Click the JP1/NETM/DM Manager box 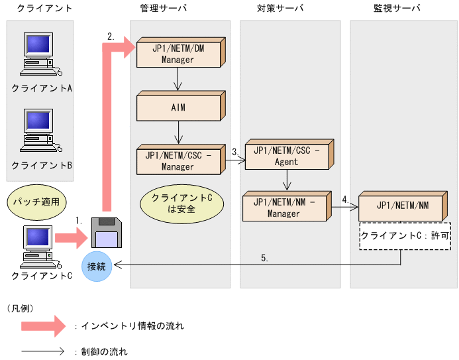pos(178,54)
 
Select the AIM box pos(178,108)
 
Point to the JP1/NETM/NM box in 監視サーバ pos(402,206)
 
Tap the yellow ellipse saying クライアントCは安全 pos(178,204)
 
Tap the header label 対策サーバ pos(280,9)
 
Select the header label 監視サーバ pos(396,9)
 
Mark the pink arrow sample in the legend pos(44,326)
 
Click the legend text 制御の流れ pos(103,351)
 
